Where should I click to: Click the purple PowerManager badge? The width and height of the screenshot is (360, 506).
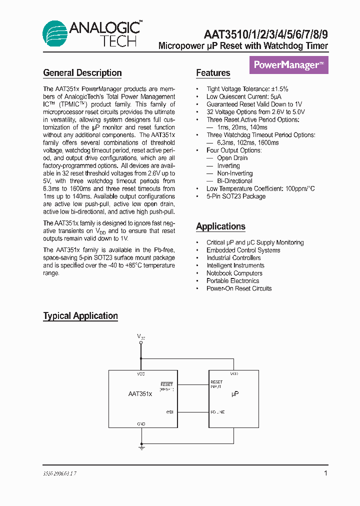pyautogui.click(x=288, y=65)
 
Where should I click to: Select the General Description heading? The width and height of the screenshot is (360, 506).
pyautogui.click(x=82, y=73)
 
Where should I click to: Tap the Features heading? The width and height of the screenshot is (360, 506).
pyautogui.click(x=213, y=73)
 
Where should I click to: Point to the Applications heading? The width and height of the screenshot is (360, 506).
pyautogui.click(x=220, y=226)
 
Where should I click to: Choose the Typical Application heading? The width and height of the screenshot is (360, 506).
pyautogui.click(x=80, y=316)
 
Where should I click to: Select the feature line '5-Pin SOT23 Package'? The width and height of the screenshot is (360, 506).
pyautogui.click(x=236, y=196)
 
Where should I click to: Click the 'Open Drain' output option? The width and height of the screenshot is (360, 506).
pyautogui.click(x=232, y=158)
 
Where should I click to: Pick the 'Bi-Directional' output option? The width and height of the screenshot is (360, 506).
pyautogui.click(x=234, y=181)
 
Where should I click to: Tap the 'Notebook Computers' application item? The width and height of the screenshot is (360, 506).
pyautogui.click(x=234, y=273)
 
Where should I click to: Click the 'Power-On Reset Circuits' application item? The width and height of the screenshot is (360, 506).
pyautogui.click(x=239, y=288)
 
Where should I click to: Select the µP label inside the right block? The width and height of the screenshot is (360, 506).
pyautogui.click(x=235, y=394)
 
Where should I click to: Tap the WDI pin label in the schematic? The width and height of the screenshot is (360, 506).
pyautogui.click(x=169, y=412)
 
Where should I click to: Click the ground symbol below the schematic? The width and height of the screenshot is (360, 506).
pyautogui.click(x=141, y=448)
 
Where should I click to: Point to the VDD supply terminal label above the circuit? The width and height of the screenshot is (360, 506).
pyautogui.click(x=141, y=337)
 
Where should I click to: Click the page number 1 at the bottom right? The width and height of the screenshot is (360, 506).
pyautogui.click(x=326, y=473)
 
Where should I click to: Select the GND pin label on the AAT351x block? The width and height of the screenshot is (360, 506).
pyautogui.click(x=141, y=423)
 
